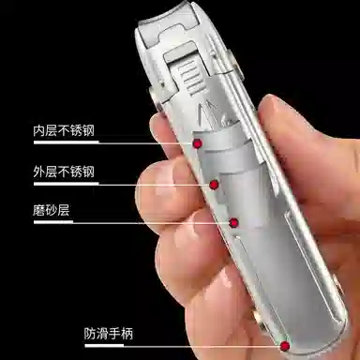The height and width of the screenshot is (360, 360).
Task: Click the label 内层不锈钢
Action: pyautogui.click(x=64, y=130)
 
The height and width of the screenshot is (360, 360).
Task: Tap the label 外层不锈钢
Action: pyautogui.click(x=64, y=172)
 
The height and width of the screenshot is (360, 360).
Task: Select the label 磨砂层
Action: pyautogui.click(x=52, y=210)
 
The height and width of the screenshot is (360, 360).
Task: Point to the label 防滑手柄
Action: pyautogui.click(x=109, y=334)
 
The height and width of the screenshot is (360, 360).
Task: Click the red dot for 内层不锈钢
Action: pyautogui.click(x=197, y=143)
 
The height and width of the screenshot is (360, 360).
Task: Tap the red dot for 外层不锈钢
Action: pyautogui.click(x=214, y=185)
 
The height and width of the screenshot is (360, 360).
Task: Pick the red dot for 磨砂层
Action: pyautogui.click(x=233, y=223)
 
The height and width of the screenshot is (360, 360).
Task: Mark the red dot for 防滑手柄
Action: pyautogui.click(x=285, y=346)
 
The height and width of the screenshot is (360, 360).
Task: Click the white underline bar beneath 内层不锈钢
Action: pyautogui.click(x=67, y=142)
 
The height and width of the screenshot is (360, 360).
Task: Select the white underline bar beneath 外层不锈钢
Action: pyautogui.click(x=67, y=184)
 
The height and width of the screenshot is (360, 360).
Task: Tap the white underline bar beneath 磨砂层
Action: pyautogui.click(x=53, y=222)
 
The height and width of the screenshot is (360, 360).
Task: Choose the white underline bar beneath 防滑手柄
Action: pyautogui.click(x=104, y=345)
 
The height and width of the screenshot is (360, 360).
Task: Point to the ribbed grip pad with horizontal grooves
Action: pyautogui.click(x=189, y=77)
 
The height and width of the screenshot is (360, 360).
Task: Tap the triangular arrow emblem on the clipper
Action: pyautogui.click(x=207, y=115)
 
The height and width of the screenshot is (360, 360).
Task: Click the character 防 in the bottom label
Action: pyautogui.click(x=90, y=334)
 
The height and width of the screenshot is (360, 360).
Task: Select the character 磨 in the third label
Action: pyautogui.click(x=39, y=210)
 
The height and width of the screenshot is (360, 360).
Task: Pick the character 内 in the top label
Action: pyautogui.click(x=39, y=130)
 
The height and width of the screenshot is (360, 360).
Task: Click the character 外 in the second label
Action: pyautogui.click(x=39, y=172)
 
